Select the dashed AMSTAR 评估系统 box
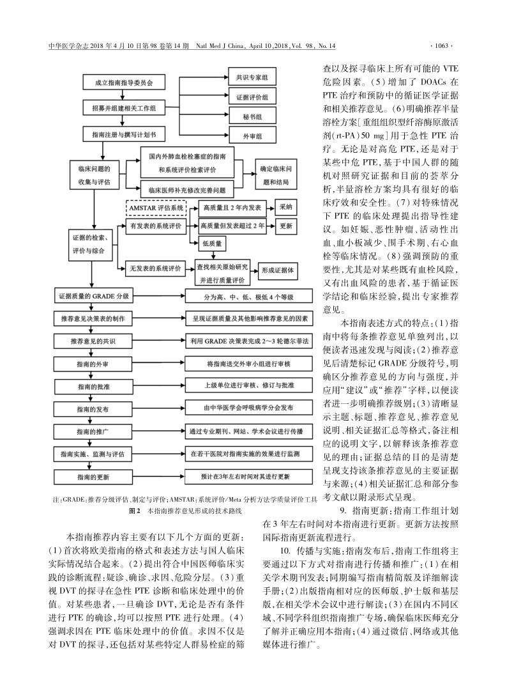(x=156, y=208)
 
